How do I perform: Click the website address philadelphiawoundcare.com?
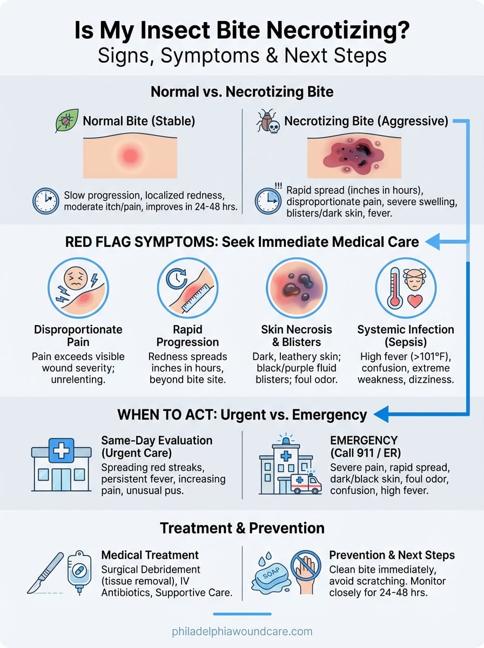(242, 631)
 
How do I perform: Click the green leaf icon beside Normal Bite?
(67, 120)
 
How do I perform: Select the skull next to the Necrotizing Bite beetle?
(274, 127)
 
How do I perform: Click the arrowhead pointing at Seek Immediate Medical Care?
(433, 241)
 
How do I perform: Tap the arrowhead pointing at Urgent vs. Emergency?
(381, 414)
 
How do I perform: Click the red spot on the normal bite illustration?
(130, 156)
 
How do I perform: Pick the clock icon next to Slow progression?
(46, 201)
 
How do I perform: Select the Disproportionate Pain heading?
(78, 336)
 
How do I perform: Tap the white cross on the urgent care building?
(62, 450)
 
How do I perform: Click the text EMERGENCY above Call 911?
(364, 440)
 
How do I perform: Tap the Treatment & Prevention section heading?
(242, 528)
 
